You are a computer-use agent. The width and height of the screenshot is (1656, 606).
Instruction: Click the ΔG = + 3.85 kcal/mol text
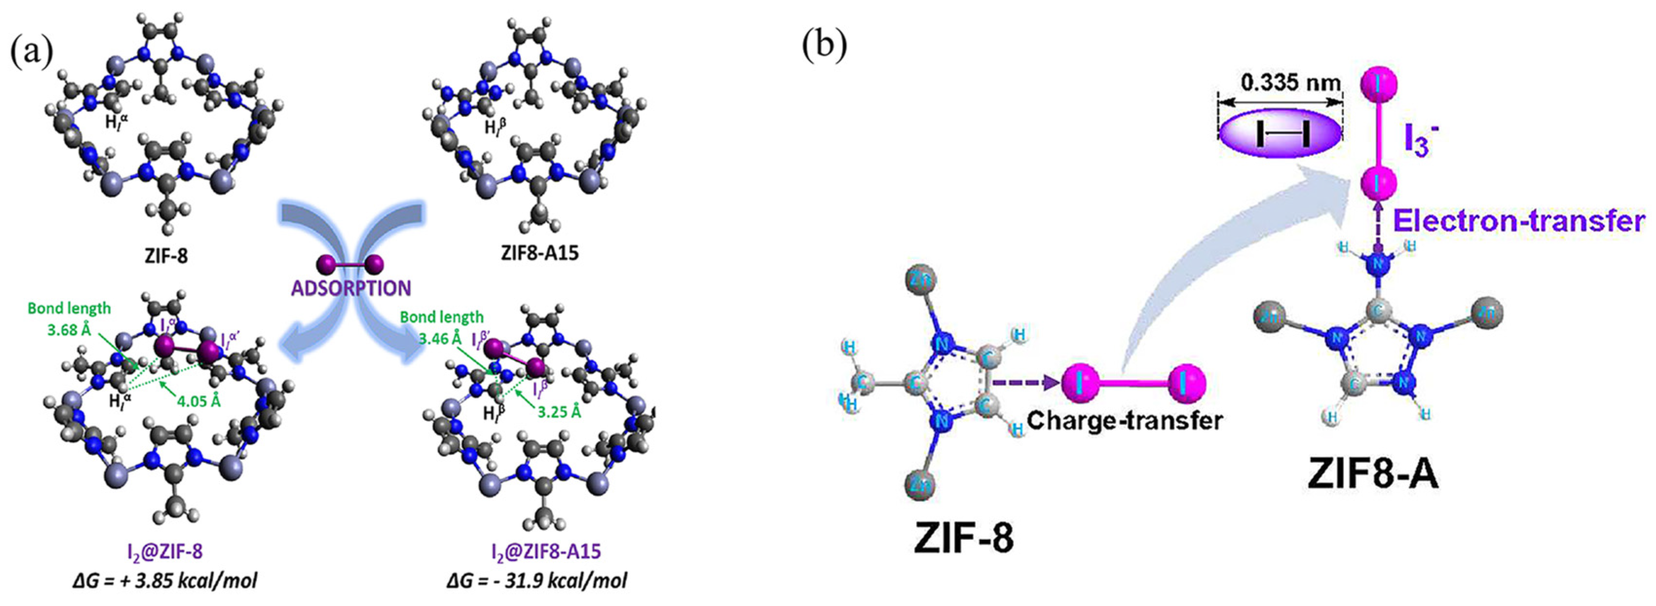click(x=165, y=580)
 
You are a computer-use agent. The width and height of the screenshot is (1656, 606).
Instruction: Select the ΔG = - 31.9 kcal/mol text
click(x=537, y=580)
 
